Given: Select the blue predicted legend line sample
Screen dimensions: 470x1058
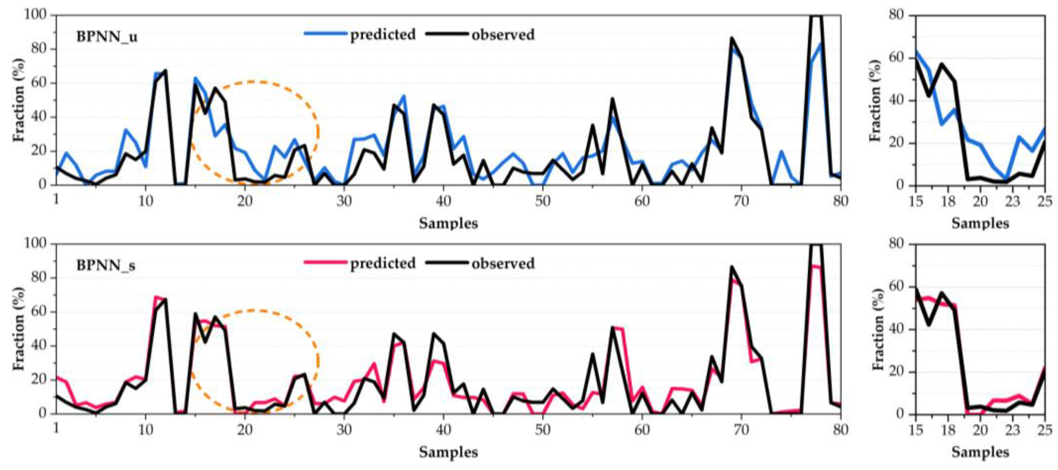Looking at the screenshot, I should click(325, 33).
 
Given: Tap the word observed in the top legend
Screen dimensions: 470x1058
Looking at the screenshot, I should click(503, 34).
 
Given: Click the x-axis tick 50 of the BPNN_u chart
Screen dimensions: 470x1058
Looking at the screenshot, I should click(543, 201).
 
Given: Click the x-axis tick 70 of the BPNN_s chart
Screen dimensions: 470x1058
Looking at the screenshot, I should click(741, 430).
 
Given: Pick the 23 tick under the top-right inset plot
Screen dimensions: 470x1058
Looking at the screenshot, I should click(1012, 201).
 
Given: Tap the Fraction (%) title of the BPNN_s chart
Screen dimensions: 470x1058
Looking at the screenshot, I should click(19, 328).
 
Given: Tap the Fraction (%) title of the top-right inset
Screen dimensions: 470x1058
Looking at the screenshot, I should click(876, 100).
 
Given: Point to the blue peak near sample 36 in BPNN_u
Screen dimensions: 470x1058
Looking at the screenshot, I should click(404, 96).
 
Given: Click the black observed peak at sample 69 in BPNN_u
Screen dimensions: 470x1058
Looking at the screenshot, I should click(732, 38).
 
